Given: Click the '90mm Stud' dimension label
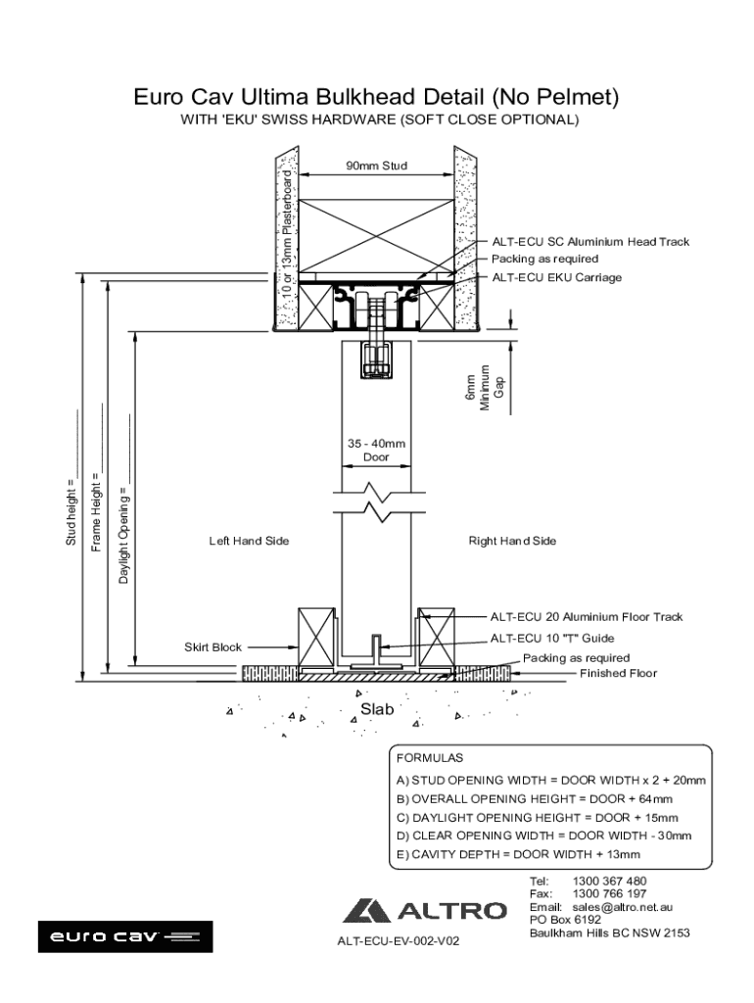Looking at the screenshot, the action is tap(377, 166).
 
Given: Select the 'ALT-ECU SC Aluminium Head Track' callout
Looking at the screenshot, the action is tap(590, 242).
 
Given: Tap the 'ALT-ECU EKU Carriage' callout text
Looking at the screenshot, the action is tap(556, 277).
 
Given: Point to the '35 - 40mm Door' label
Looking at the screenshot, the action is tap(376, 451).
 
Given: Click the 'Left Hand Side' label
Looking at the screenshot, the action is tap(249, 541).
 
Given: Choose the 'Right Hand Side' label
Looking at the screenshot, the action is tap(512, 541).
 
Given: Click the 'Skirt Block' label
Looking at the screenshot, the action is tap(212, 647).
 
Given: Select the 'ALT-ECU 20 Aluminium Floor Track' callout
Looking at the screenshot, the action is tap(587, 617).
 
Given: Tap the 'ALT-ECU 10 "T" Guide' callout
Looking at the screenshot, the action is tap(552, 639).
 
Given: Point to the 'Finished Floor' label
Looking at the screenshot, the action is tap(619, 673).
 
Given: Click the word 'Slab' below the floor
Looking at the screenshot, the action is tap(377, 709).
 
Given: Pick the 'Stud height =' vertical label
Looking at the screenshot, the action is tap(71, 517).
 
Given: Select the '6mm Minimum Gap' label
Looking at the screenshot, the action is tap(485, 388).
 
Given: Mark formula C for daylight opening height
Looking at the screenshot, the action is tap(538, 818).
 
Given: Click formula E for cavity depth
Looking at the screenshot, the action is tap(518, 854).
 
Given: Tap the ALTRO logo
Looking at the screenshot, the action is tap(425, 911).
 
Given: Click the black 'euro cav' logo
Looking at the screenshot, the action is tap(125, 936).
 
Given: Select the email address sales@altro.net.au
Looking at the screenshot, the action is tap(622, 907).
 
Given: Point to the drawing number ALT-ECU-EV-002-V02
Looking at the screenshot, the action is tap(398, 941).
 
